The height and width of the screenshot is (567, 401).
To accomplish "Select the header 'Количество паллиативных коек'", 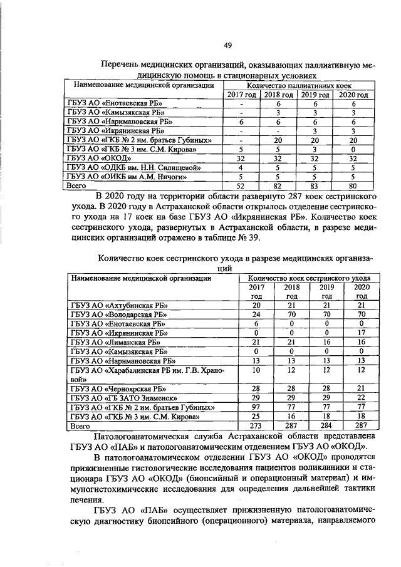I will click(299, 85).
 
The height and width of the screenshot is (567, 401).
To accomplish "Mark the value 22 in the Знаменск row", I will click(361, 398).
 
